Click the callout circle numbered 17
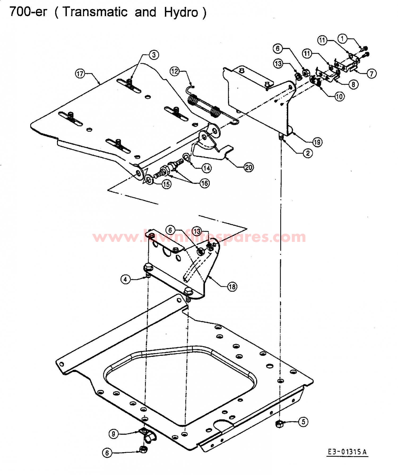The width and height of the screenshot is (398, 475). pos(80,73)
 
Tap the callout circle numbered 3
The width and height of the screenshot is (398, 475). pos(154,55)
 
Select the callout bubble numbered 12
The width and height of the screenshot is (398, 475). pos(175,71)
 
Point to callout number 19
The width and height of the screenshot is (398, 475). pos(317,142)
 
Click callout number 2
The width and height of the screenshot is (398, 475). pos(308,153)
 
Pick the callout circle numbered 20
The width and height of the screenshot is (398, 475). pos(249,167)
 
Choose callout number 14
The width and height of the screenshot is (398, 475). pos(207,168)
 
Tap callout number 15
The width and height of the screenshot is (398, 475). pos(166,184)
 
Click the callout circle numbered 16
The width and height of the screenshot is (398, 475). pos(205,183)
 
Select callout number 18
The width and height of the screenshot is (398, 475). pos(232,286)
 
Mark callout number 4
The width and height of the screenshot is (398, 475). pos(126,279)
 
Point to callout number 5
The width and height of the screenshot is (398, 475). pos(304,422)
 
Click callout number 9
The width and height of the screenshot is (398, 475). pos(114,434)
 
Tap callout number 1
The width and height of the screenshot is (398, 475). pos(342,39)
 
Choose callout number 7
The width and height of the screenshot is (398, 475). pos(371,73)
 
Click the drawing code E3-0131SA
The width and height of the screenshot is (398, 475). pos(347,452)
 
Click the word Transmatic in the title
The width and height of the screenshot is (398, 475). pos(95,12)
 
